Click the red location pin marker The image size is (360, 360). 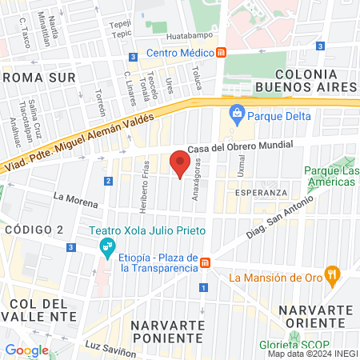(x=180, y=166)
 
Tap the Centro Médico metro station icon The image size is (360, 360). (x=222, y=53)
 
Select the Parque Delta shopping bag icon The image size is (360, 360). (x=237, y=113)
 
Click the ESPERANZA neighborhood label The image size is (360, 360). (x=261, y=194)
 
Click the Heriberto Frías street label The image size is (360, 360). (x=145, y=183)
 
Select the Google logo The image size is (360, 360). (x=26, y=350)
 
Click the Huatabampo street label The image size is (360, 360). (x=192, y=37)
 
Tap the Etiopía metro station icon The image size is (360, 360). (x=206, y=262)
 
